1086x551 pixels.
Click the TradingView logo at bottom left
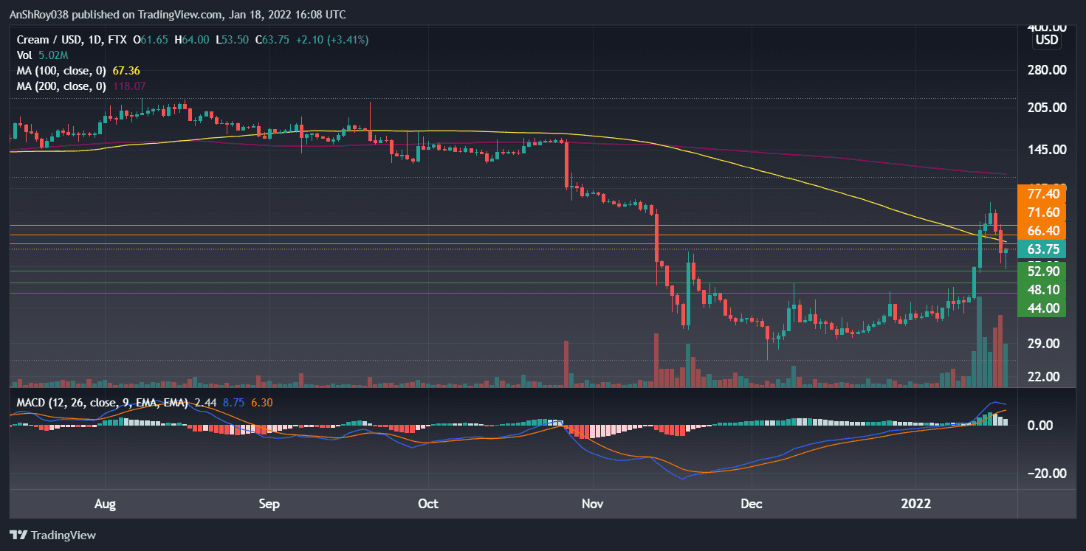52,535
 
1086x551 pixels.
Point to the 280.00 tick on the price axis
1046,70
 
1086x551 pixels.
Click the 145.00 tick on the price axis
1046,150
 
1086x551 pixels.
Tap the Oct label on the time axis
428,505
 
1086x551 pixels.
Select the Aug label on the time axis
106,505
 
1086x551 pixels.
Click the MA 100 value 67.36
126,71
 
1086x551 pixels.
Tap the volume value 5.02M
53,55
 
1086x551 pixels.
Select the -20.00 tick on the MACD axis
1045,474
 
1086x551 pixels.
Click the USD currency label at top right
1047,40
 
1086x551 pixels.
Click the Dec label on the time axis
752,505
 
